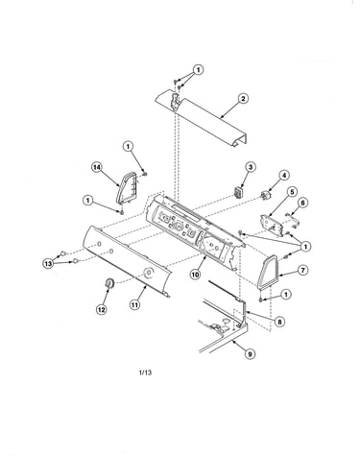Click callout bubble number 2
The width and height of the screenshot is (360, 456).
[243, 98]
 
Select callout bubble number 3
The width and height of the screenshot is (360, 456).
[251, 167]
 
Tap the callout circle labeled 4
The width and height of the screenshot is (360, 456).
[284, 175]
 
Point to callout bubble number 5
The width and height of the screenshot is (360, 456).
[292, 192]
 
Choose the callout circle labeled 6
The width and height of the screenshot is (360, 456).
[302, 203]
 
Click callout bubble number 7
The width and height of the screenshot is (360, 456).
[302, 270]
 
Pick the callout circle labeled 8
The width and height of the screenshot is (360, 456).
[279, 322]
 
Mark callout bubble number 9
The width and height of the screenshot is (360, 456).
[251, 354]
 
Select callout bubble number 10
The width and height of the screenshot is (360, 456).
[195, 275]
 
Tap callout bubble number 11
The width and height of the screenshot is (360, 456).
[134, 304]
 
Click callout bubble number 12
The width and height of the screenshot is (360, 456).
[101, 309]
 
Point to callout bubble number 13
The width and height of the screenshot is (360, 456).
[48, 264]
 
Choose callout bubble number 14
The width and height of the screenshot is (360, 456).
[96, 166]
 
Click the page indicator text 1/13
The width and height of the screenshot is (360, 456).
[145, 372]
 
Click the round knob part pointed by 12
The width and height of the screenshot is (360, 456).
[109, 283]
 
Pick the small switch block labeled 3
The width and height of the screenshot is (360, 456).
[238, 193]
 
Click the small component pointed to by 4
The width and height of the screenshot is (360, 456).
[265, 195]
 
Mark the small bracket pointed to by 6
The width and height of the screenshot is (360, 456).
[293, 220]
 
